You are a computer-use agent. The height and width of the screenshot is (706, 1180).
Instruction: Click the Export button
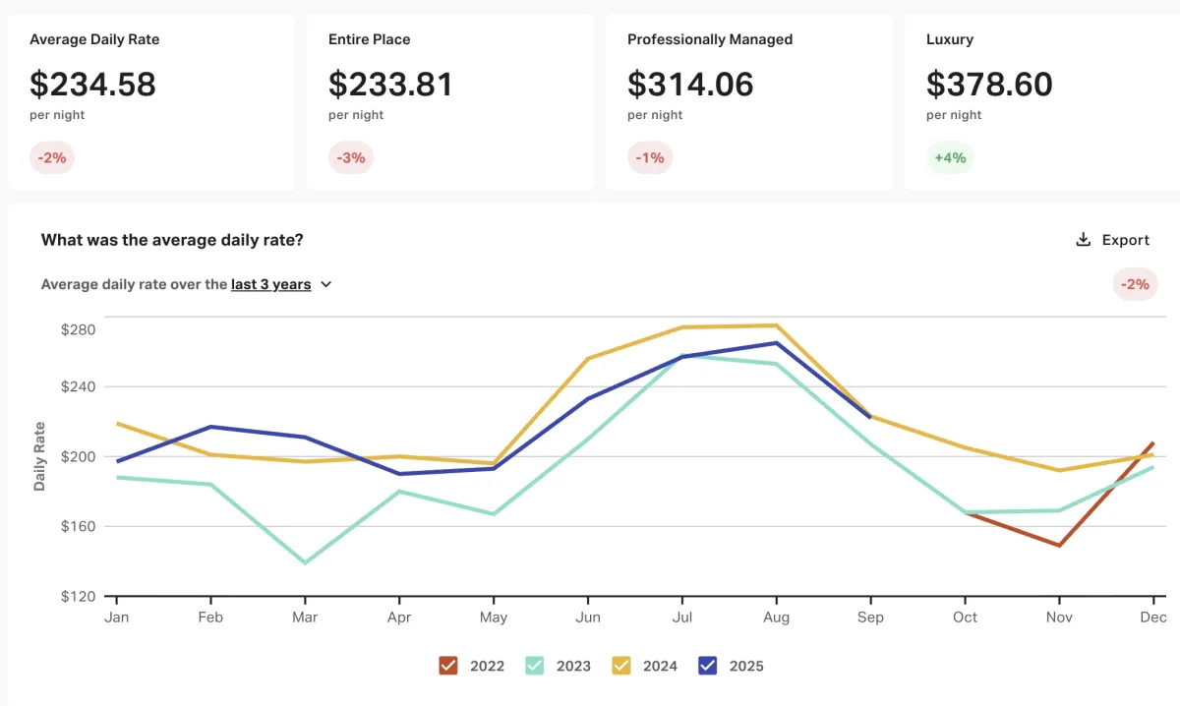pos(1112,240)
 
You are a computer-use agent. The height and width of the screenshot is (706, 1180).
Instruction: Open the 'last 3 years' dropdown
pos(282,284)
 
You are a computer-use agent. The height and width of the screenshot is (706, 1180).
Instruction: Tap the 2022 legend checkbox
pos(449,666)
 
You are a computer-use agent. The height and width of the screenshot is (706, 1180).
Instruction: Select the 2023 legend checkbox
pos(534,666)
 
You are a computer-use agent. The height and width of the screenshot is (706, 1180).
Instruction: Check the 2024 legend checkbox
pos(621,666)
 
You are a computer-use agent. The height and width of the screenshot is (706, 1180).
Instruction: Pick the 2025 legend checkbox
pos(707,666)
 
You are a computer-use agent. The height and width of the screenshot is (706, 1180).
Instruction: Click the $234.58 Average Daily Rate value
pos(92,84)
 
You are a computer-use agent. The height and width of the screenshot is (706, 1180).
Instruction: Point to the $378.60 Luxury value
pos(989,84)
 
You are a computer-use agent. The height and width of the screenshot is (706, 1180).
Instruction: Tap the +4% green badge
pos(950,157)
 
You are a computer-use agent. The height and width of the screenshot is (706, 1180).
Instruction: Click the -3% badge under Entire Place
pos(350,157)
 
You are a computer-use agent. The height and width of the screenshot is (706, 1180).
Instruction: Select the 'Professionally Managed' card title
pos(710,39)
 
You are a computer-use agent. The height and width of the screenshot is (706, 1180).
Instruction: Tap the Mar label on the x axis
pos(305,618)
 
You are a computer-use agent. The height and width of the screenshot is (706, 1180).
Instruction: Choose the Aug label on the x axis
pos(777,618)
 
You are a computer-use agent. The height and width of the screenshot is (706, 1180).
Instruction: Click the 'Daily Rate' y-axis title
pos(39,456)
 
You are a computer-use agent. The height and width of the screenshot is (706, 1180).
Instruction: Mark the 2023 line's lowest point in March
pos(305,562)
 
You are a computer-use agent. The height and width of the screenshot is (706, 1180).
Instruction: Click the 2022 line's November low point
pos(1059,545)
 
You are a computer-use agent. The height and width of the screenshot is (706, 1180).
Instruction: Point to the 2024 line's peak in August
pos(777,325)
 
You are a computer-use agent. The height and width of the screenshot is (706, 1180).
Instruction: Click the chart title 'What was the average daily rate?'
pos(172,240)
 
